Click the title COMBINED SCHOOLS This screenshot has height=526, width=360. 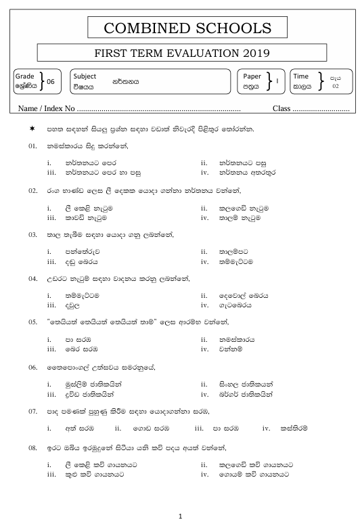(179, 28)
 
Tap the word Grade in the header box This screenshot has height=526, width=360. (24, 76)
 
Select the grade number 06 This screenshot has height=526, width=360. (51, 82)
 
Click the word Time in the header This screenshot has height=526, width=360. (300, 76)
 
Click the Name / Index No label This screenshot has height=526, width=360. (47, 108)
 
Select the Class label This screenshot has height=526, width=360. (281, 108)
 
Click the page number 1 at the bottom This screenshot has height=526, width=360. (180, 517)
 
